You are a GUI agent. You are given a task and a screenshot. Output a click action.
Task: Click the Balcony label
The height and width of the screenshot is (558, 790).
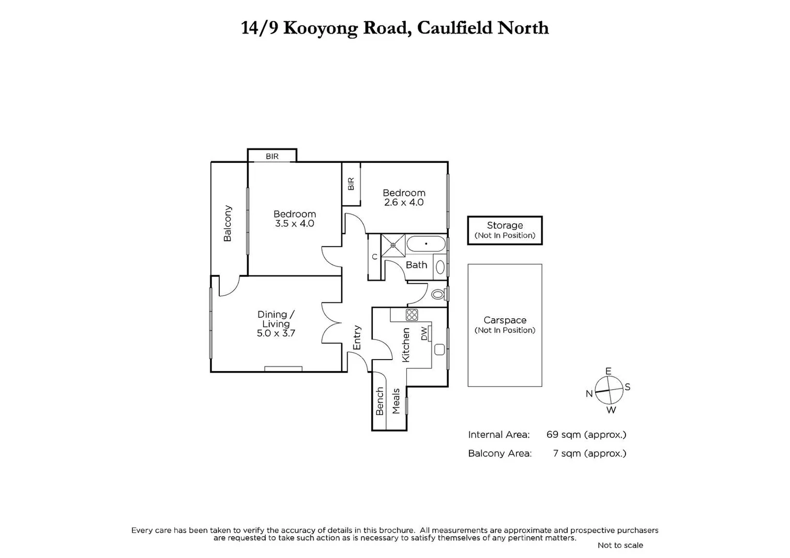227,223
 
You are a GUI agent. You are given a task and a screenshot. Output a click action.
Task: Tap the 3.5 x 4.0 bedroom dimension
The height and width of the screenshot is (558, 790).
295,224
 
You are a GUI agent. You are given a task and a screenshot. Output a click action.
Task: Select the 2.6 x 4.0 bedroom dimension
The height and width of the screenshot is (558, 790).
404,203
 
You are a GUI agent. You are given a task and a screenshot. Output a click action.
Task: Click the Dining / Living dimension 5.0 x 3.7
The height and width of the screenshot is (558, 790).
276,333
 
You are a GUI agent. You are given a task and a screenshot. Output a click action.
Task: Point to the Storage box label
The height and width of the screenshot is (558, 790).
505,225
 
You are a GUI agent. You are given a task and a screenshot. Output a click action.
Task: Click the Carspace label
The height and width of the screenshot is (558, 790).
505,320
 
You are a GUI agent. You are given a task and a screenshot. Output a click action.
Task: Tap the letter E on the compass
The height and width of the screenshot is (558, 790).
608,371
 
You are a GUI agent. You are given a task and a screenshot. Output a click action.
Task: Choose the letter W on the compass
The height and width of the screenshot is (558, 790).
611,410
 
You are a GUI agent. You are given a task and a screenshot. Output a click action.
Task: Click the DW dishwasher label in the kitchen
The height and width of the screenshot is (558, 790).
424,333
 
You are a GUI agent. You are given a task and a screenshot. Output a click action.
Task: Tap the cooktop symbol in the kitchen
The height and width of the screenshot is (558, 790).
412,315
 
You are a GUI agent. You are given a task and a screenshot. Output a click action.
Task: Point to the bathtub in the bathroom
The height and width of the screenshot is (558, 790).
426,244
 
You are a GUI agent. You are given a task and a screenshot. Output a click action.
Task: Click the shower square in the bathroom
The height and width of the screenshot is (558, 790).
393,244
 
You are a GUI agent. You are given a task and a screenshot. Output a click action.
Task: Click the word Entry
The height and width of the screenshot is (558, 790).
357,337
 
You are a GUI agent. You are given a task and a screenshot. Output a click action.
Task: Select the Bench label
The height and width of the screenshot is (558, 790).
379,401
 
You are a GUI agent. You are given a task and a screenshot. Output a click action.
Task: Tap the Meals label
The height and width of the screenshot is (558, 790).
396,401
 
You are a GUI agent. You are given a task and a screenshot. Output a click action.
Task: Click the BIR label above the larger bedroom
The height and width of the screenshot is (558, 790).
272,156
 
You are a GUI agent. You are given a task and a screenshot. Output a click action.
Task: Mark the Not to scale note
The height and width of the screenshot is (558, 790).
620,545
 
